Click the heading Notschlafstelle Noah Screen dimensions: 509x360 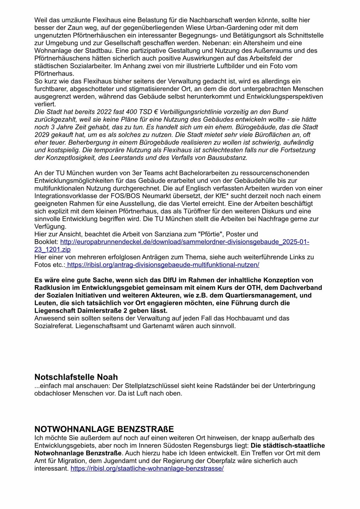point(76,377)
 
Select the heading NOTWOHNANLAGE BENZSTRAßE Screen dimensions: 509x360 point(104,429)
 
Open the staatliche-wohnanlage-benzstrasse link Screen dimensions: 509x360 point(147,469)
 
